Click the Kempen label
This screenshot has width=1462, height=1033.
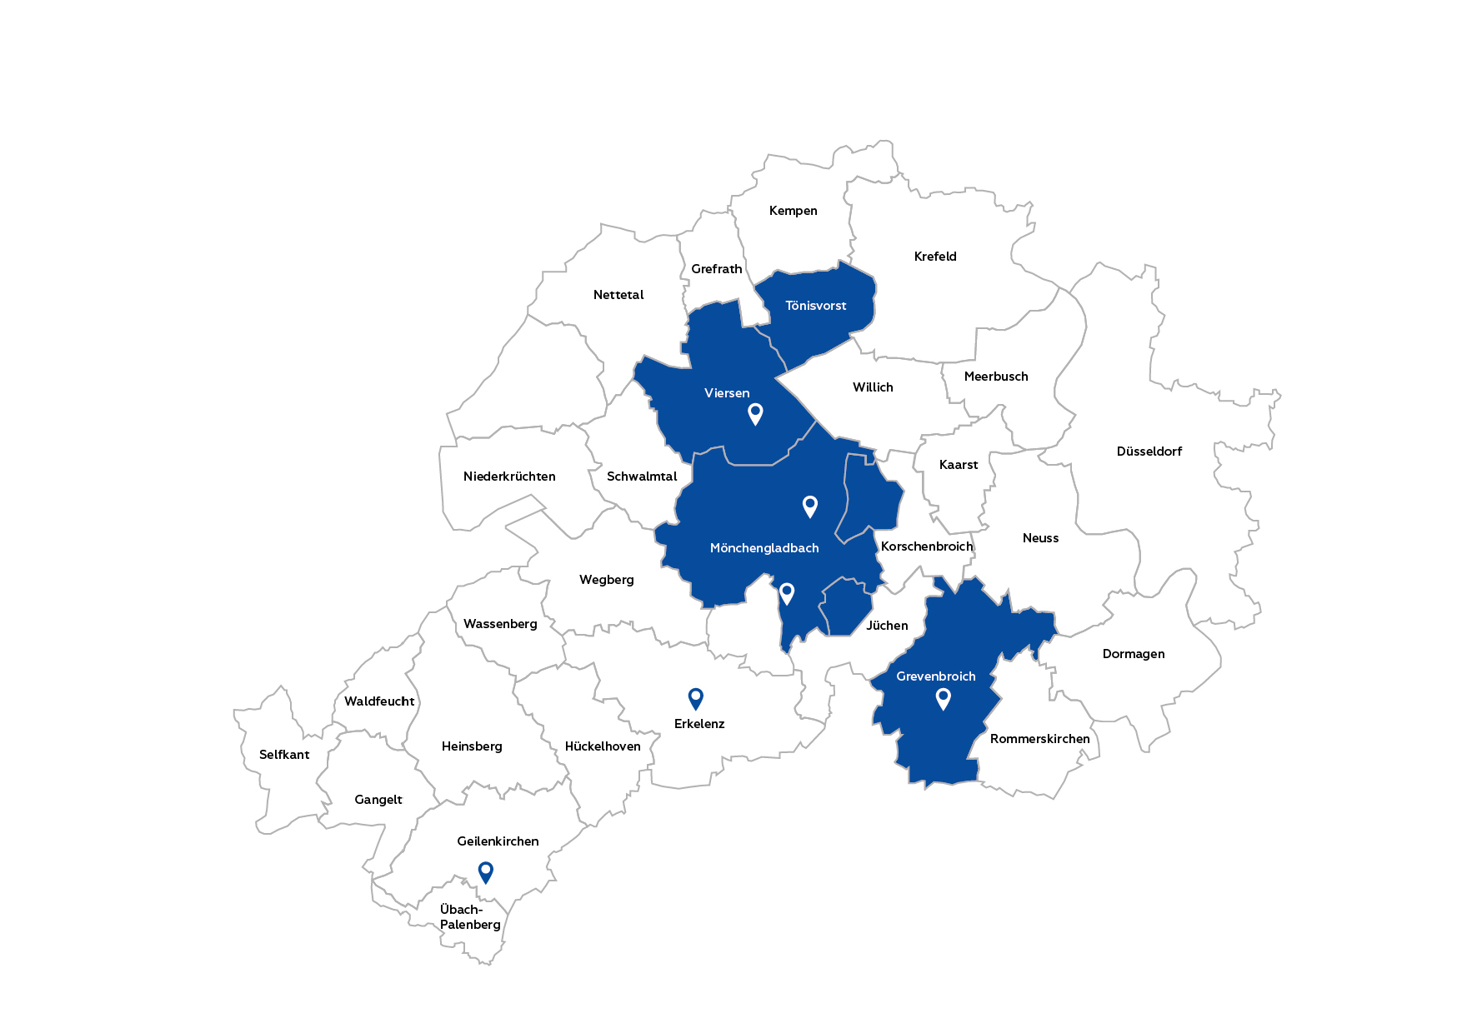(x=793, y=211)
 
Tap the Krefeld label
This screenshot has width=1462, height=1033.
(x=935, y=257)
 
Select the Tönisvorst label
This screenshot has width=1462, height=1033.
(x=815, y=306)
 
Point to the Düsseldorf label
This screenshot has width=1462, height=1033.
(x=1149, y=452)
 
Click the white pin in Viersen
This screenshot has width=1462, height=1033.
(x=755, y=413)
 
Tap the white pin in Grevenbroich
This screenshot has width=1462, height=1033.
(x=943, y=698)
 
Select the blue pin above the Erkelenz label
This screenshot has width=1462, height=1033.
(x=695, y=698)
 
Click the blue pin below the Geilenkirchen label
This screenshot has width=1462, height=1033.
(x=485, y=872)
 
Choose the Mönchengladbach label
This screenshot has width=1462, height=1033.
(x=764, y=548)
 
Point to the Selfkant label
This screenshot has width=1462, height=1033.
(x=284, y=755)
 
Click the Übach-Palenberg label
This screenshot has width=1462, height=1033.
(x=470, y=917)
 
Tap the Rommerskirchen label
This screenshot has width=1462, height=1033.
(x=1039, y=739)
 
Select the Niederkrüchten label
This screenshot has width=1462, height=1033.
(x=509, y=477)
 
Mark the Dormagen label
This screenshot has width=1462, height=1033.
(x=1134, y=654)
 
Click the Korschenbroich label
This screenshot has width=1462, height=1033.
(x=927, y=546)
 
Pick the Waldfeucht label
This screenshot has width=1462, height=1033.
(x=379, y=701)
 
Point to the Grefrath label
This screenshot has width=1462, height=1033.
(x=716, y=269)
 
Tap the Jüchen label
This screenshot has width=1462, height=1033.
(x=887, y=626)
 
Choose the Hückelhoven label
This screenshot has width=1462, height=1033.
(x=603, y=746)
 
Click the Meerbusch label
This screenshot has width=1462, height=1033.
(x=996, y=377)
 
